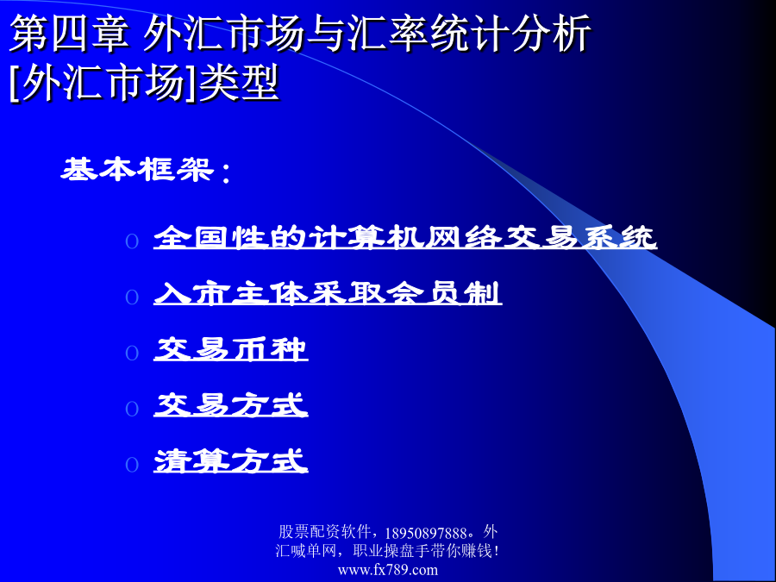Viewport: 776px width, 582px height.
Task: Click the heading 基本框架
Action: click(x=138, y=170)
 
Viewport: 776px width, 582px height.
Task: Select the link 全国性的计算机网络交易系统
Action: click(x=405, y=237)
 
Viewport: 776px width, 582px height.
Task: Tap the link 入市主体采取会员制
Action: click(x=328, y=293)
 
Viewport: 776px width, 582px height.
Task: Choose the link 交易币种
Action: click(x=230, y=349)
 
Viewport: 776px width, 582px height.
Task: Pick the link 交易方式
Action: click(x=230, y=405)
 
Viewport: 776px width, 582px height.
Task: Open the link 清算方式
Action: click(x=230, y=460)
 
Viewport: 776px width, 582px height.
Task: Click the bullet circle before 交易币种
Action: click(x=132, y=353)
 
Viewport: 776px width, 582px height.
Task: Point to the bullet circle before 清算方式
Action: click(x=132, y=465)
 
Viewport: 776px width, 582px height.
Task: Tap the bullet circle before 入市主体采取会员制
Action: click(x=132, y=297)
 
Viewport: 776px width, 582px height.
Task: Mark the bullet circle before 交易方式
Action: click(x=132, y=409)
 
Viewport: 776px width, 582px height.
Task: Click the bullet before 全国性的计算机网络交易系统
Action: click(x=132, y=241)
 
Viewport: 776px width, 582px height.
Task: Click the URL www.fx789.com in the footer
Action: click(x=388, y=570)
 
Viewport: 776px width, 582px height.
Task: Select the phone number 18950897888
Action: click(x=426, y=533)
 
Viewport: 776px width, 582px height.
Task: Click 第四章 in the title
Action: click(x=69, y=33)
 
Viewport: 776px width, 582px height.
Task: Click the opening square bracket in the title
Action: click(x=14, y=83)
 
